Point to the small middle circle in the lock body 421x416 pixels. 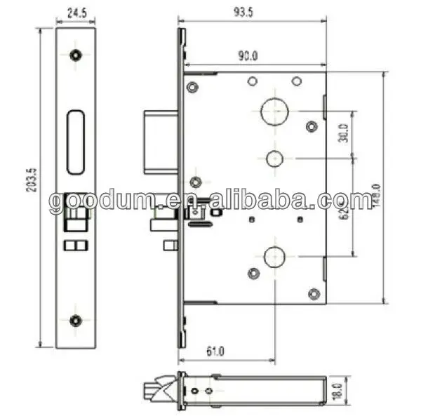tap(272, 157)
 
